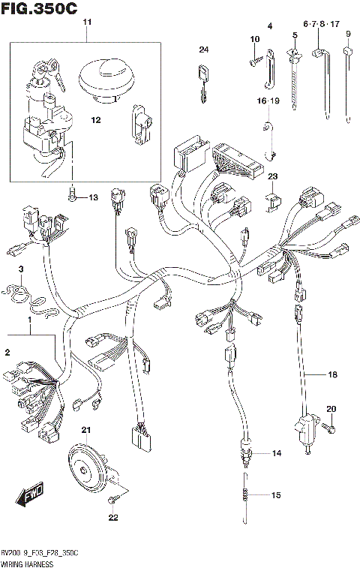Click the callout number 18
click(332, 374)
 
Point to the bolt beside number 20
click(327, 427)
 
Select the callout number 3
click(22, 269)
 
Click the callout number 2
click(7, 353)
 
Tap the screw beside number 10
click(256, 53)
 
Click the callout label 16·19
click(268, 100)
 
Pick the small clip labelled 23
click(273, 200)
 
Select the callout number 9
click(348, 34)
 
